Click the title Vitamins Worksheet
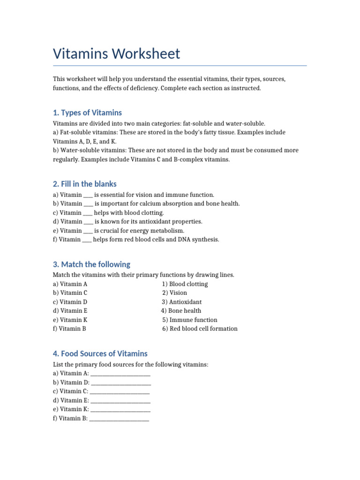click(116, 53)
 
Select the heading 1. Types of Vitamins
click(87, 112)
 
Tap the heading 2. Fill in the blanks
click(85, 184)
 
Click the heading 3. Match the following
click(91, 264)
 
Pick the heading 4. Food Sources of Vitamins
click(100, 353)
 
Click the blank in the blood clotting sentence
click(88, 213)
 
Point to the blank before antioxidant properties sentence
click(89, 222)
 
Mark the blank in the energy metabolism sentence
click(89, 231)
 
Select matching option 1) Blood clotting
click(185, 284)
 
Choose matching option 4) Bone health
click(181, 311)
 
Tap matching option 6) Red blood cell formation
click(200, 329)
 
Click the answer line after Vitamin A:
click(120, 374)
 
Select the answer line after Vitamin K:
click(120, 410)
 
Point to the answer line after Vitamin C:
click(120, 392)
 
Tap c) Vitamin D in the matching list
click(70, 302)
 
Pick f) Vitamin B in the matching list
click(69, 329)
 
